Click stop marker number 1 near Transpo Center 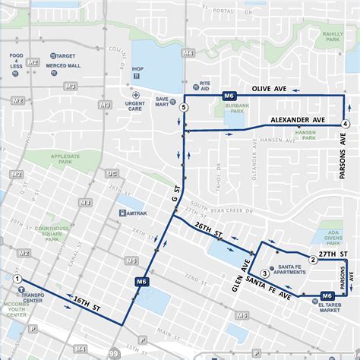tap(17, 279)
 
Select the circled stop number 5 tap(183, 109)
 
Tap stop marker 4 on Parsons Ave tap(346, 124)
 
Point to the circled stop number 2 tap(312, 260)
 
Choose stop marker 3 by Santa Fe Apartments tap(264, 273)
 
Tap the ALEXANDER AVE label tap(298, 121)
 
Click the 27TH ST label tap(333, 254)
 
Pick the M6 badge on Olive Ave tap(229, 96)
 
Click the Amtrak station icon tap(122, 213)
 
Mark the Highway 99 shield tap(113, 353)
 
